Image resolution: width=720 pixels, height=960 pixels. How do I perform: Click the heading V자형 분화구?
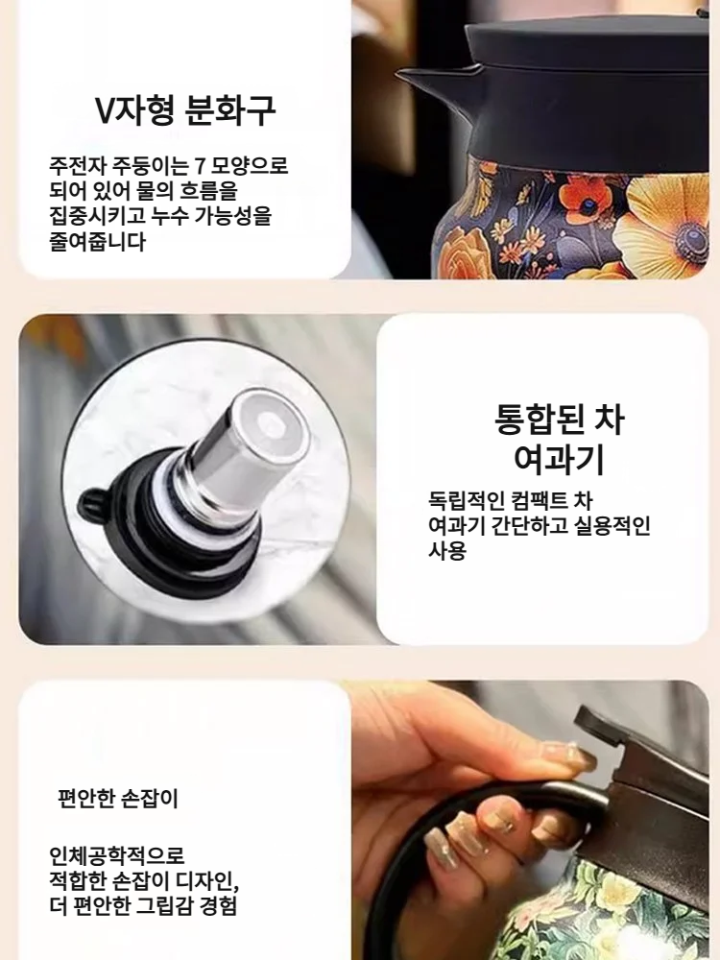pos(185,110)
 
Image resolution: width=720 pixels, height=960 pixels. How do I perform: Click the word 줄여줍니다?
pos(97,242)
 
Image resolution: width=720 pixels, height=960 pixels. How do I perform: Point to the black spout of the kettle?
pos(427,82)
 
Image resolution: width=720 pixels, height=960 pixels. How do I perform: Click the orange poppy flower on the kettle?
pos(587,198)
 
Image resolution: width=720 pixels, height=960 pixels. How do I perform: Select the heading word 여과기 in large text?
pos(559,461)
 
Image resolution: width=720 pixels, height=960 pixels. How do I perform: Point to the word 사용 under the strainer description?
pos(446,552)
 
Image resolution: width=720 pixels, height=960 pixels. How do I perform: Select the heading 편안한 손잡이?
pos(118,798)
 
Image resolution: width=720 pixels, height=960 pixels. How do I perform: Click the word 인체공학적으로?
pos(117,854)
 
